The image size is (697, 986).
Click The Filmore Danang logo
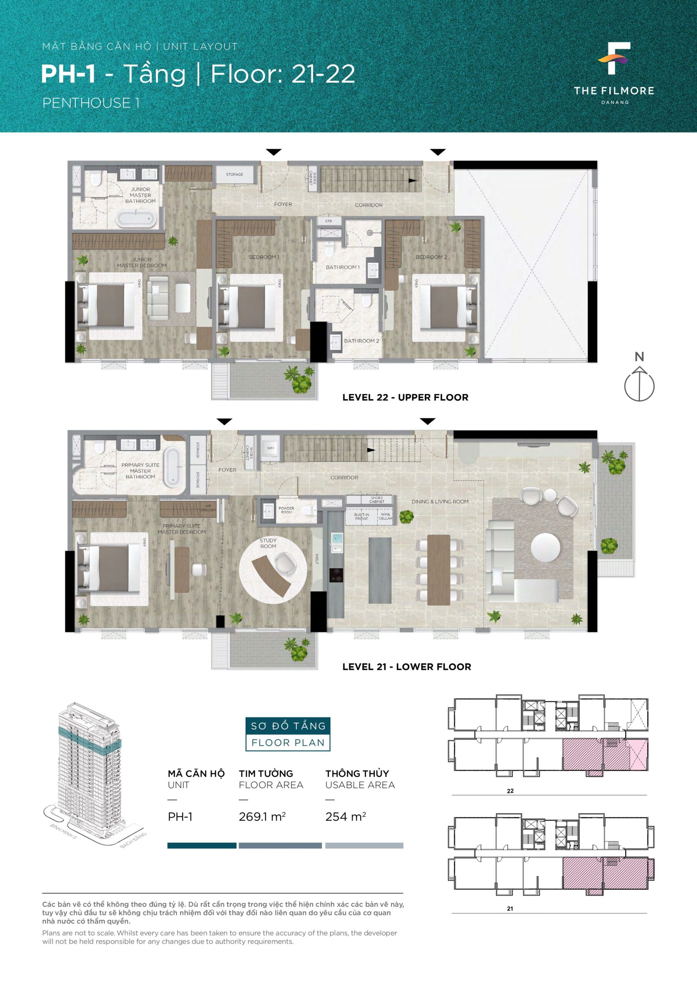614,74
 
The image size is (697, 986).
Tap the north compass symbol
640,378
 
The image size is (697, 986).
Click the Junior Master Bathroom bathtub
135,218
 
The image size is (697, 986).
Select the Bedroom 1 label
264,257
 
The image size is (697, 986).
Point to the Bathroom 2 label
361,340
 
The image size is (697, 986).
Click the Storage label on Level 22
234,174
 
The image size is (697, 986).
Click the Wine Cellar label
385,516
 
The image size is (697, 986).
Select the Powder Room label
286,510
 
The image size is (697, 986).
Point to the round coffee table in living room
545,548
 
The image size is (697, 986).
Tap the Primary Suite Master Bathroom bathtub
174,468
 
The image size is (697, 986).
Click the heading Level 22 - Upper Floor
405,397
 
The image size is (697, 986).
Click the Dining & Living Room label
440,501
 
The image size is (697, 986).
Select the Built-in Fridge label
361,516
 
